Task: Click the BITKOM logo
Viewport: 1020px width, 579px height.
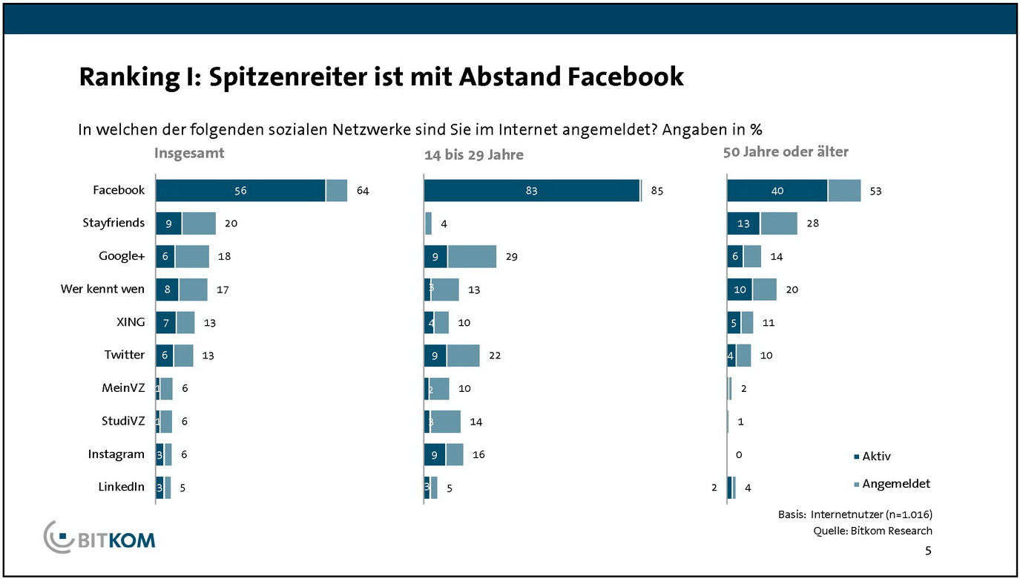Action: click(x=100, y=536)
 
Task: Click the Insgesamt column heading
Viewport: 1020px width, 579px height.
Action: click(x=189, y=153)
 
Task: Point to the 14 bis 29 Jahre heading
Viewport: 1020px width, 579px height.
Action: click(x=473, y=155)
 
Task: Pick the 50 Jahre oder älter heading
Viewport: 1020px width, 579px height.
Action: click(x=786, y=152)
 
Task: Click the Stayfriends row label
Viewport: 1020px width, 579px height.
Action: click(x=113, y=222)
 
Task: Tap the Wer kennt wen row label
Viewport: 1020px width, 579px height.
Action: click(x=102, y=288)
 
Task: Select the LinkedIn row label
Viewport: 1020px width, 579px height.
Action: click(x=122, y=487)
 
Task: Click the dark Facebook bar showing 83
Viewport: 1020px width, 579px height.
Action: click(x=531, y=191)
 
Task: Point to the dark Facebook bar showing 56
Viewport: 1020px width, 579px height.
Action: click(x=240, y=191)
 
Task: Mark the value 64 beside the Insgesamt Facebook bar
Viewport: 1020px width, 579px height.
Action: click(x=362, y=191)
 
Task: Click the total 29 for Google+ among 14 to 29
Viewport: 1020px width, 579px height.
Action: click(x=511, y=257)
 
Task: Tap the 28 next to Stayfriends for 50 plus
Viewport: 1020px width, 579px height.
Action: click(x=812, y=223)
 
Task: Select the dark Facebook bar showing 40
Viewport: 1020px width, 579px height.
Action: click(x=777, y=191)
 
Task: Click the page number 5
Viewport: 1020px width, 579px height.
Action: click(x=928, y=550)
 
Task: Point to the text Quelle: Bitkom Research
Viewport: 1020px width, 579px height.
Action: click(x=872, y=530)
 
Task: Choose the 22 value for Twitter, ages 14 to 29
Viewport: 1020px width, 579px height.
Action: click(x=495, y=356)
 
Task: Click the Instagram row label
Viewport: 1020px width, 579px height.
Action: click(x=116, y=454)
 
